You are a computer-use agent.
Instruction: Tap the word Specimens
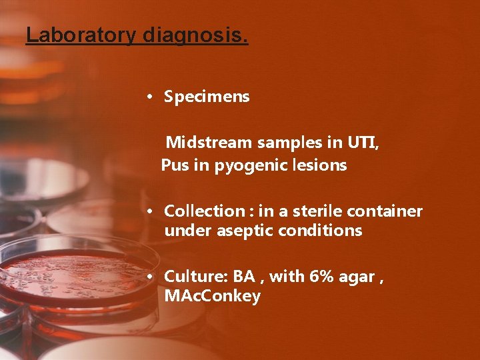(x=207, y=97)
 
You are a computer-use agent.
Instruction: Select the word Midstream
(x=211, y=143)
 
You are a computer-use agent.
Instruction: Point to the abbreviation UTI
(x=363, y=143)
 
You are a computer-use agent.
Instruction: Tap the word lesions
(x=321, y=165)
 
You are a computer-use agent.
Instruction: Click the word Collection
(x=205, y=211)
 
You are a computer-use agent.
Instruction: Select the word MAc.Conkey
(x=212, y=297)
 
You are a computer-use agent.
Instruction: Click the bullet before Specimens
(x=151, y=97)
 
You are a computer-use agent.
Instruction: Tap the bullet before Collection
(x=151, y=211)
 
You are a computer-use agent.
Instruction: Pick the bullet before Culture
(x=151, y=277)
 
